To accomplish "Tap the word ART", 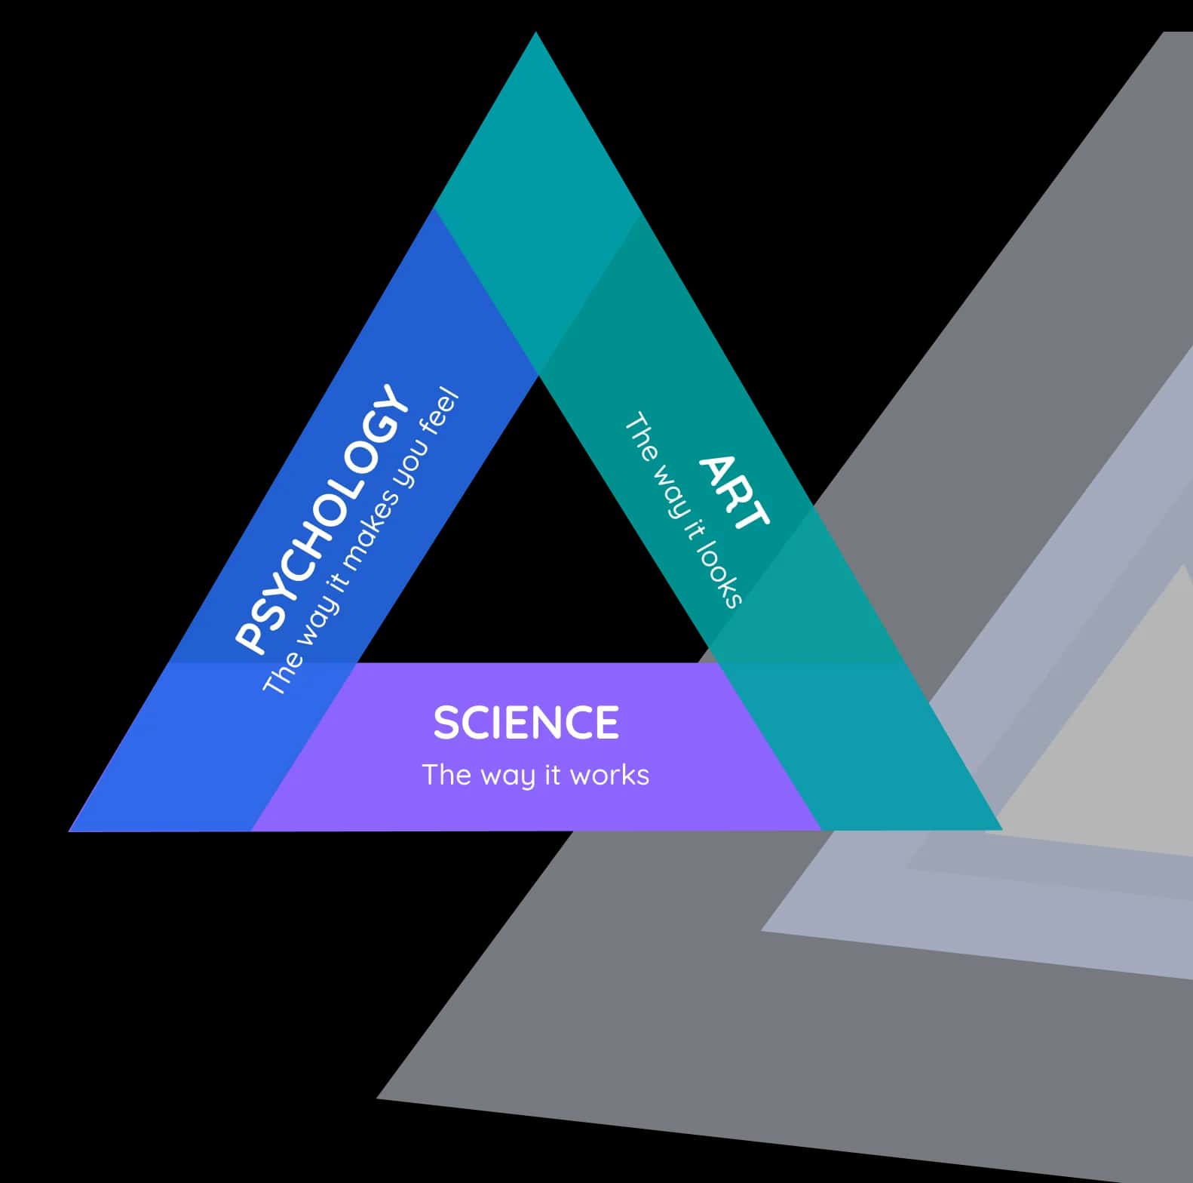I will [734, 492].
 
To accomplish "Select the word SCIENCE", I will [526, 722].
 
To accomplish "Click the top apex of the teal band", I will [535, 35].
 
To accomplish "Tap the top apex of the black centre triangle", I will [538, 378].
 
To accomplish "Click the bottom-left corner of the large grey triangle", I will [379, 1097].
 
